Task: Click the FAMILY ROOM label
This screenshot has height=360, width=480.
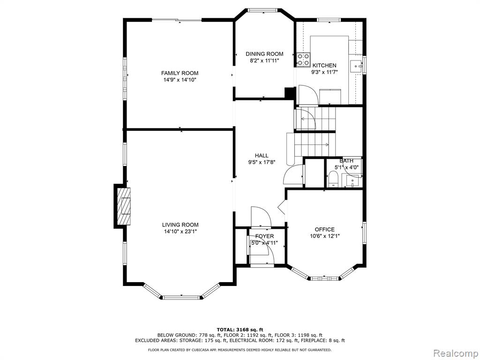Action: [x=180, y=73]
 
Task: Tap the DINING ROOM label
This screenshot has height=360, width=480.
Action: [x=264, y=54]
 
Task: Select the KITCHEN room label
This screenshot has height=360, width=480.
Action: [x=324, y=66]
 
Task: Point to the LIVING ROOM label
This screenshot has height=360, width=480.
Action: [x=180, y=225]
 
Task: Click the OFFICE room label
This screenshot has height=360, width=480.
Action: [x=324, y=230]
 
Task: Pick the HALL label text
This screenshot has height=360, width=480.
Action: [x=262, y=156]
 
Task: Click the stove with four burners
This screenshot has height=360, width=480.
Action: [x=303, y=60]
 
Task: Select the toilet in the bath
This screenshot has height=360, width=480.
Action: [x=333, y=179]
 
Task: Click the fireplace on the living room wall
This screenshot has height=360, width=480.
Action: [x=124, y=206]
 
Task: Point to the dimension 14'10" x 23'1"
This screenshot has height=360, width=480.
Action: [x=180, y=232]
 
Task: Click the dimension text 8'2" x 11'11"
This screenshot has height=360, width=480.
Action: [x=264, y=60]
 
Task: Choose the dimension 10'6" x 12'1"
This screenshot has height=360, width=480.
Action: [x=324, y=236]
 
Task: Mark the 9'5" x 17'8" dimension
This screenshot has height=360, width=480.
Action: [x=262, y=163]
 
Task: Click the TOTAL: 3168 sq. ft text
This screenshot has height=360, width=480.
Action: [x=240, y=330]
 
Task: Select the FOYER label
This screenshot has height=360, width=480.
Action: [x=264, y=236]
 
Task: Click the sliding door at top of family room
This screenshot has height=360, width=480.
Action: [x=177, y=20]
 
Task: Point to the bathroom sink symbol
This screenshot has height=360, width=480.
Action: [x=352, y=181]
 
